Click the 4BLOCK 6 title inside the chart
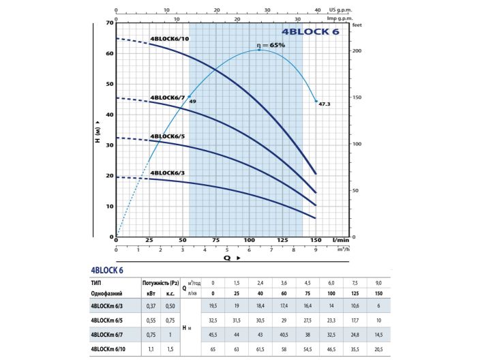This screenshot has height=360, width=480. pos(310,31)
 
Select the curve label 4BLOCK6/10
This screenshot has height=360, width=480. pos(170,38)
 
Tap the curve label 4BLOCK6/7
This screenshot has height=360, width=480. pos(168,97)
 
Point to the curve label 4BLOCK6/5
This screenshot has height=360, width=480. pos(168,136)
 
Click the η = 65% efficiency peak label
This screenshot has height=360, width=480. pos(270,45)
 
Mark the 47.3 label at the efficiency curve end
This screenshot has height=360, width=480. pos(325,104)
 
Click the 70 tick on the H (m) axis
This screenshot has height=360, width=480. pos(108,23)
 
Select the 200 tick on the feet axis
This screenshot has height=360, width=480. pos(357,51)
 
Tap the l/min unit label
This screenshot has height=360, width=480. pos(340,241)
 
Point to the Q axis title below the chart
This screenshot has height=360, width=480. pos(228,258)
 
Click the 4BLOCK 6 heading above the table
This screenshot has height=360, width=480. pos(106,270)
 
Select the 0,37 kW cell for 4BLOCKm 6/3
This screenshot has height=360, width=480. pos(151,307)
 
